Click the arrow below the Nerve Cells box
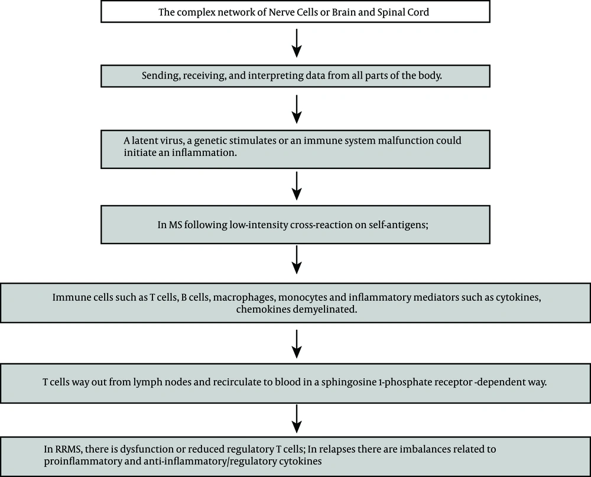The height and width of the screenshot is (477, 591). tap(297, 43)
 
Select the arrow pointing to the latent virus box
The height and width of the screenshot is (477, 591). tap(297, 109)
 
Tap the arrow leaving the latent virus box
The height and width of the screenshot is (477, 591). tap(297, 186)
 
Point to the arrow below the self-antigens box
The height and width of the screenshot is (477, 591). tap(297, 260)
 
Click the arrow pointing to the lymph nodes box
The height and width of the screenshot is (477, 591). tap(297, 344)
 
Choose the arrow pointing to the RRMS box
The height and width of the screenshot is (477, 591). tap(297, 419)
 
